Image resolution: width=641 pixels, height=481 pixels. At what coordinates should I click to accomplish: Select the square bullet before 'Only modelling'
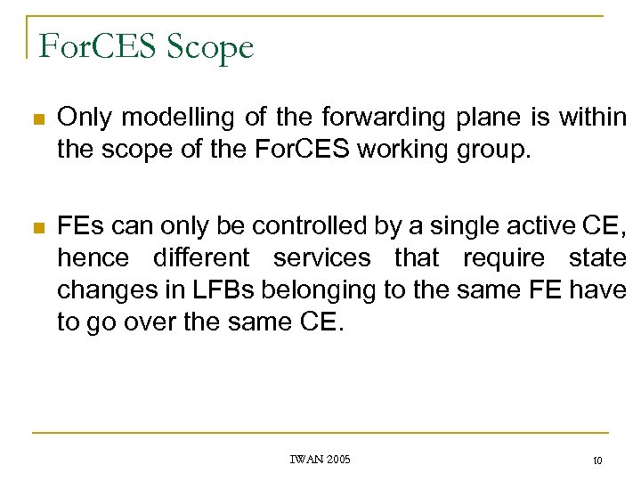(35, 118)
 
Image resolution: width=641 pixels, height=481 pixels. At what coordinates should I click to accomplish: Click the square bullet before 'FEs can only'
(35, 227)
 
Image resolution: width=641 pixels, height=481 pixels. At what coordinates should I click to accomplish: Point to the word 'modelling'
(166, 116)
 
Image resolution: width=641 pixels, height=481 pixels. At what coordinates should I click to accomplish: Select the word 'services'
(321, 258)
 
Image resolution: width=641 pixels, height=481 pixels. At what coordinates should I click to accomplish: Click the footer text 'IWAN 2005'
(320, 460)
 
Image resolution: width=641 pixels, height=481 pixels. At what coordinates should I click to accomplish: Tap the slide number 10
(596, 461)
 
